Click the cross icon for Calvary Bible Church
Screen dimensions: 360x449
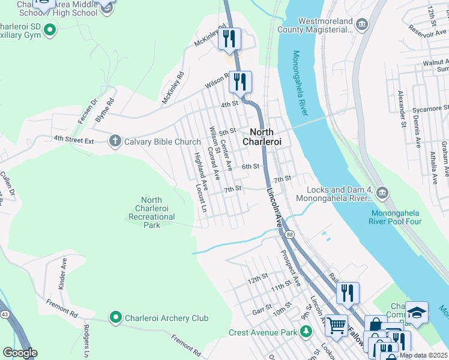coord(115,142)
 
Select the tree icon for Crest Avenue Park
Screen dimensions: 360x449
coord(306,332)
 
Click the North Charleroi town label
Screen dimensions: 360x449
coord(261,137)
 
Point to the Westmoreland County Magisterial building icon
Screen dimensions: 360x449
coord(361,24)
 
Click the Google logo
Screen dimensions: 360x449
coord(20,352)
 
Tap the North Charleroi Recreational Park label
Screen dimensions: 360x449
coord(151,212)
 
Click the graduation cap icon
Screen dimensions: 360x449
coord(417,312)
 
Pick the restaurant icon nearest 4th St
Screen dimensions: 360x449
coord(241,81)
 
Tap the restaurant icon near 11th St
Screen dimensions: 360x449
coord(347,293)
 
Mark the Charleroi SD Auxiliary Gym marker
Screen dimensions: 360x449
coord(50,29)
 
